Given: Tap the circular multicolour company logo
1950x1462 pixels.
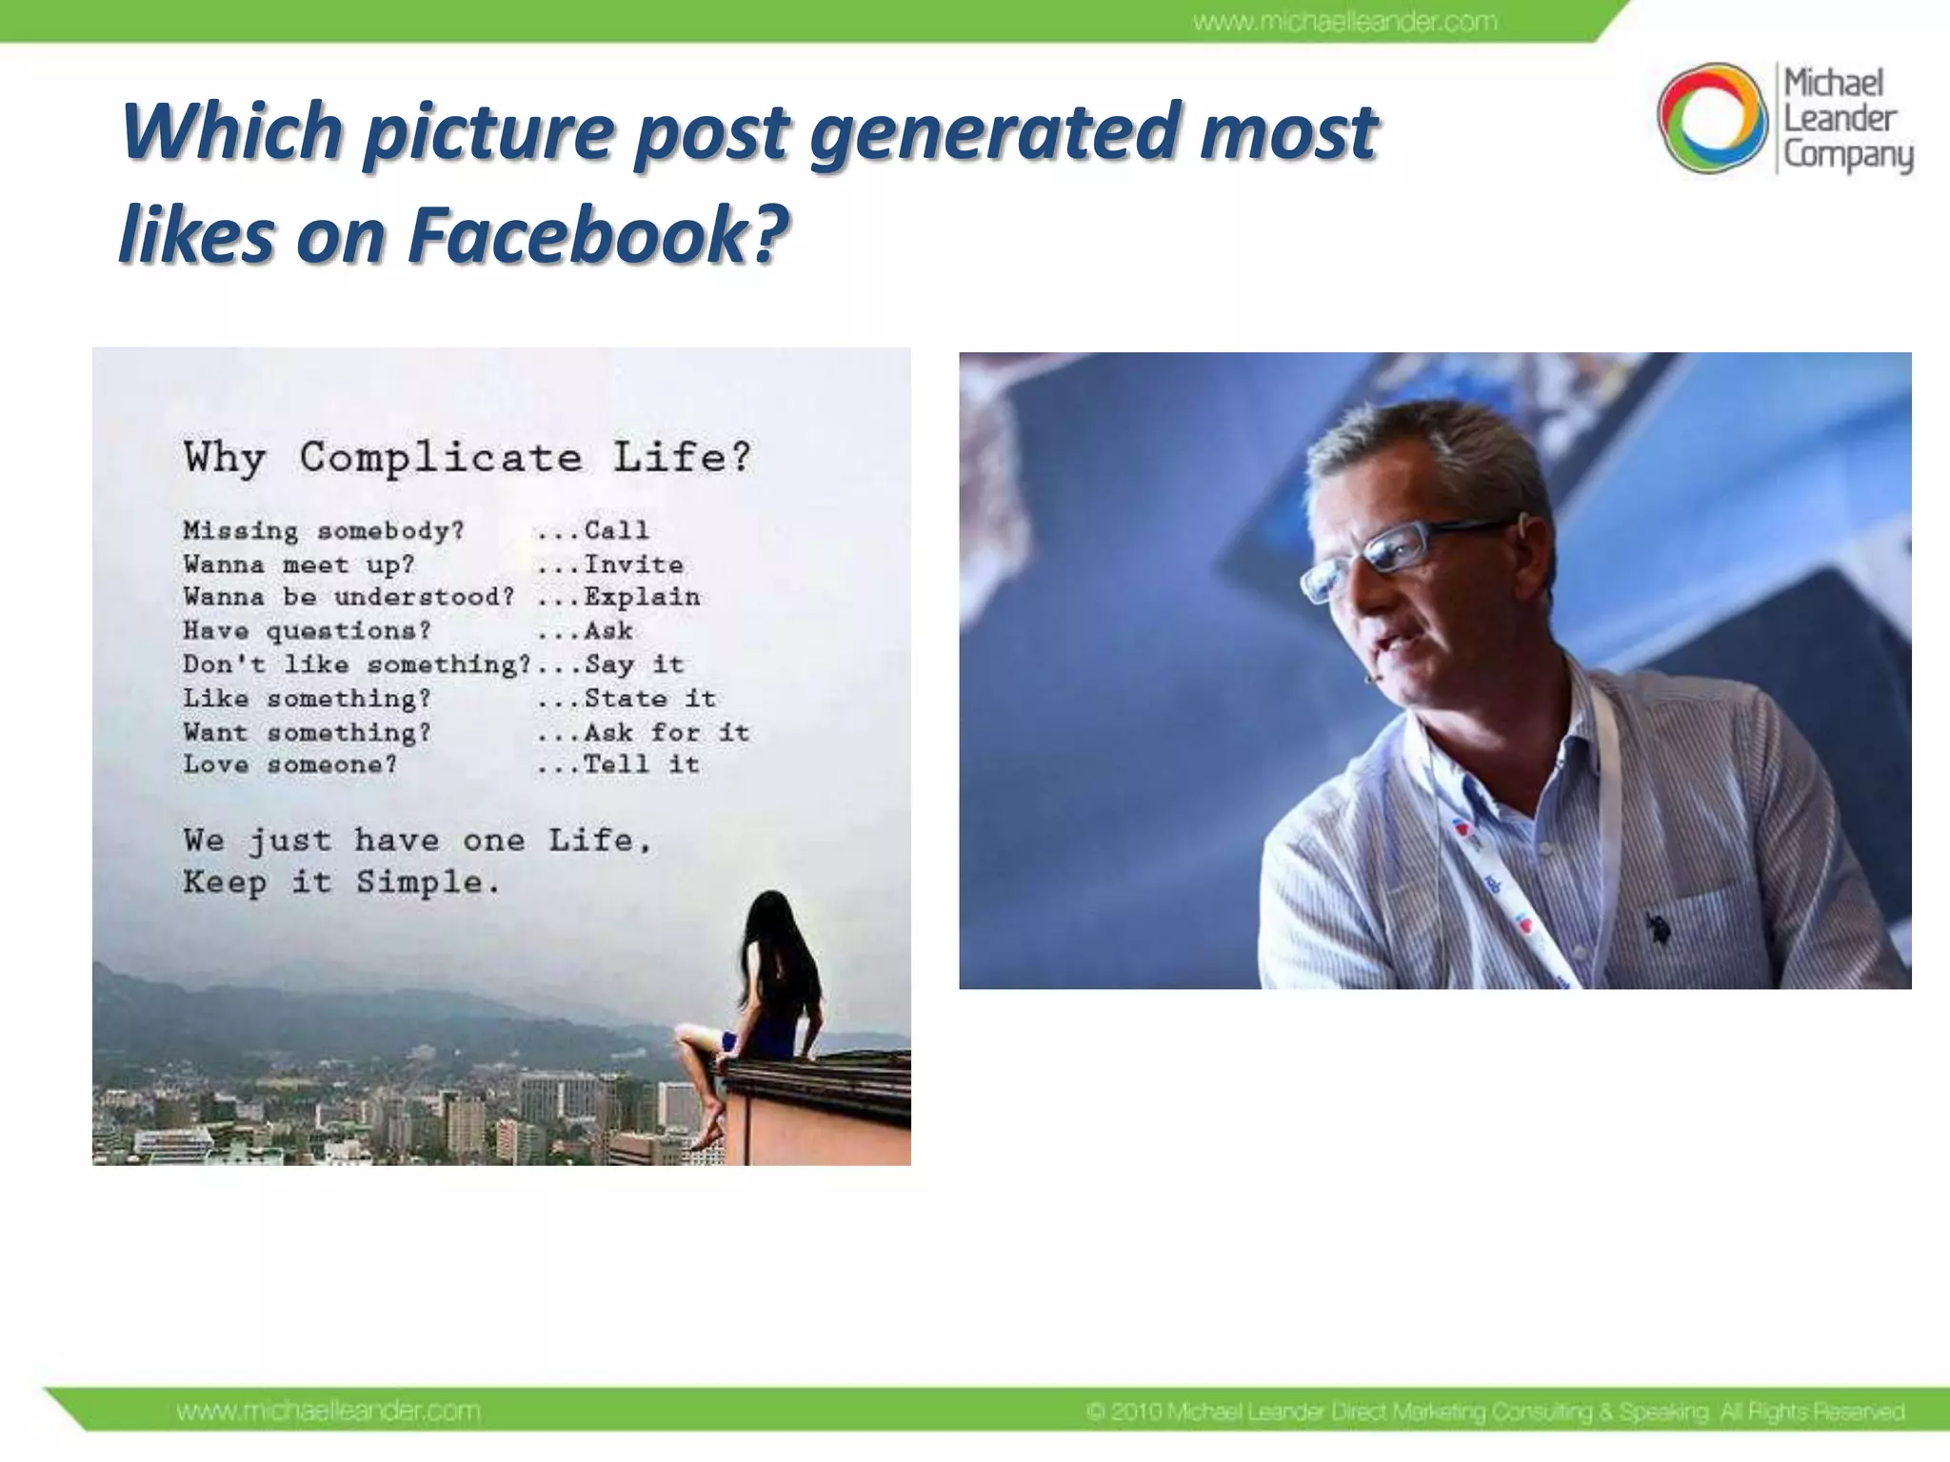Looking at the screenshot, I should tap(1712, 118).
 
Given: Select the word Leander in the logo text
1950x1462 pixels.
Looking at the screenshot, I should tap(1840, 119).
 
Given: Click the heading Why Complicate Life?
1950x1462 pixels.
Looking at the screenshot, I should tap(467, 458).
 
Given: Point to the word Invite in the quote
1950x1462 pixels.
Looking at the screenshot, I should tap(633, 564).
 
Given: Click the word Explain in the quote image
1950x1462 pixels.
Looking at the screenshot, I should tap(642, 598).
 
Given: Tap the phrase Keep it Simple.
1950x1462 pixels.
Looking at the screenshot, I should tap(341, 882).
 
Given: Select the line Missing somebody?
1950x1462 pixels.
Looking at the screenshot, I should tap(324, 530).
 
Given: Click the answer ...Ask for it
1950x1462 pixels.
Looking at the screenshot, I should tap(643, 732).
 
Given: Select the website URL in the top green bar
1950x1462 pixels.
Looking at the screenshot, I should tap(1345, 21).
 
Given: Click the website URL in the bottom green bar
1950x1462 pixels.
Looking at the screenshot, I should tap(328, 1411).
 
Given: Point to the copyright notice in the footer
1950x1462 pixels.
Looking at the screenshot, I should tap(1495, 1412).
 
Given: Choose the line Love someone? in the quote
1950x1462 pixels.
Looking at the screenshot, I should tap(289, 764).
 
